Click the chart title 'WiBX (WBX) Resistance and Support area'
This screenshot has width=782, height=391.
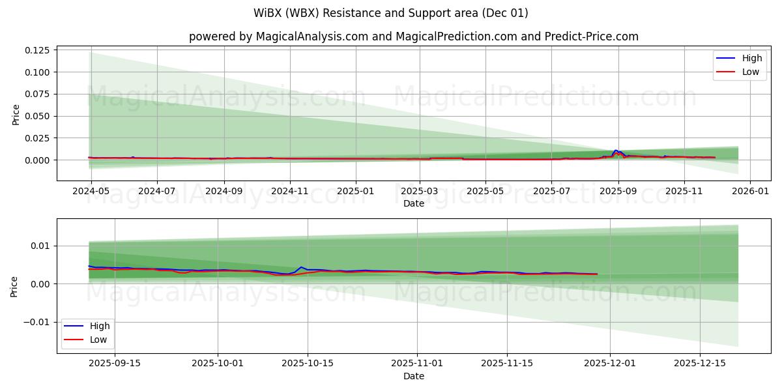tap(390, 13)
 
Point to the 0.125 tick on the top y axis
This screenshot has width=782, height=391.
tap(38, 50)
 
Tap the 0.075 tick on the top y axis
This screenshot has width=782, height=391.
tap(38, 94)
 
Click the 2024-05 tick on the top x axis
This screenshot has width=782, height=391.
tap(91, 191)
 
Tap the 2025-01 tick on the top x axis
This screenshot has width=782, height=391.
tap(356, 191)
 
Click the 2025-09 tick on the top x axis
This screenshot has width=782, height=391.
tap(618, 191)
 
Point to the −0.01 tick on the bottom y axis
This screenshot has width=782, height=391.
tap(35, 322)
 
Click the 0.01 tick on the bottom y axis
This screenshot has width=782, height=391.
tap(40, 246)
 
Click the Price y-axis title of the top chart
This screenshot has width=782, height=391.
tap(16, 113)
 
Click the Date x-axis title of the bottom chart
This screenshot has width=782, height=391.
tap(413, 376)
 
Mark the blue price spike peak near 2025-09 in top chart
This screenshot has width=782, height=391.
tap(615, 151)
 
